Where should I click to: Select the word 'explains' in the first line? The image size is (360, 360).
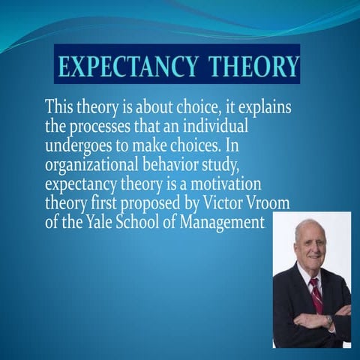click(265, 106)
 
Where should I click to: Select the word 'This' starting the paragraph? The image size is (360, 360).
click(61, 106)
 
